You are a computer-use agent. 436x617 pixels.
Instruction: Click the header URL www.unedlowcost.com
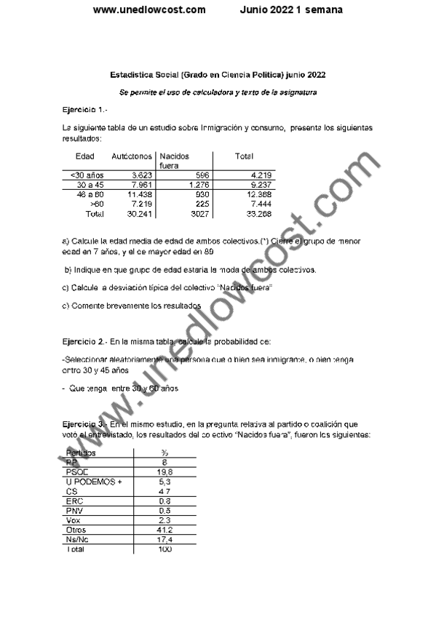(149, 10)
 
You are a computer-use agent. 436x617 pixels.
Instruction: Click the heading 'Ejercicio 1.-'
(85, 109)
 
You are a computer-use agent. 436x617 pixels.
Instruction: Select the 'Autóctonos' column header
(131, 156)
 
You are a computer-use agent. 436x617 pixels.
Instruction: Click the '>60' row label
(94, 204)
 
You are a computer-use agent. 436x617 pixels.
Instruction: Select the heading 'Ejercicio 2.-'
(85, 341)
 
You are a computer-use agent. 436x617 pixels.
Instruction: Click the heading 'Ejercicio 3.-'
(85, 423)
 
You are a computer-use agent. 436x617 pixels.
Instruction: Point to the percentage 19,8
(165, 471)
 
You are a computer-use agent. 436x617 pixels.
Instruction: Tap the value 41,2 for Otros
(165, 530)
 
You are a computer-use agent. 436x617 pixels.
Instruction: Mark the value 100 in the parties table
(165, 549)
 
